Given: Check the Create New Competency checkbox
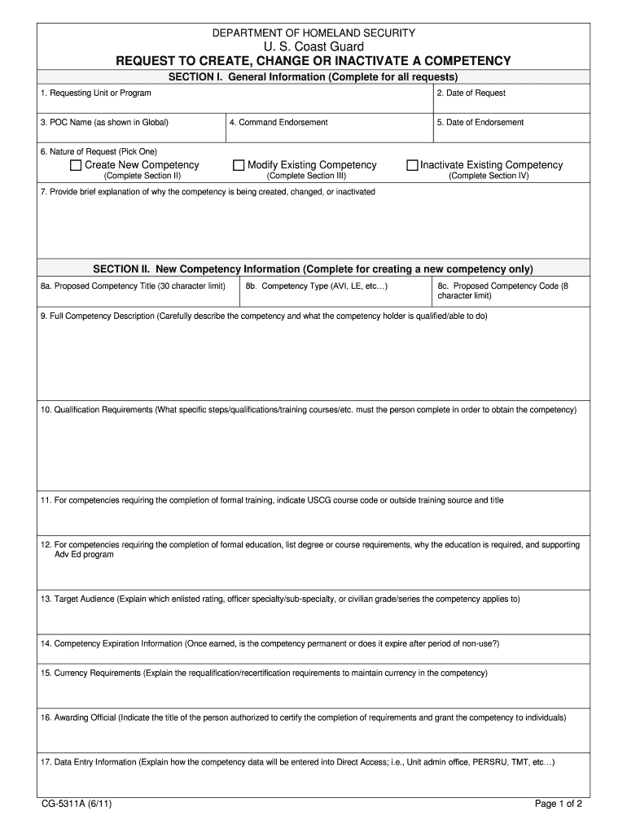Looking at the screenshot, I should coord(77,165).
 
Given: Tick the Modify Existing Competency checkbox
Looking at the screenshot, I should coord(239,165).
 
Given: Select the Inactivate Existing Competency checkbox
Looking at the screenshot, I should coord(413,165).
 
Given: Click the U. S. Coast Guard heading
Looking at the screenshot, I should coord(313,47).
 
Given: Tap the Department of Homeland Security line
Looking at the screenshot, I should coord(313,33).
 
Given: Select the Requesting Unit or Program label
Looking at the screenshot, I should coord(95,94).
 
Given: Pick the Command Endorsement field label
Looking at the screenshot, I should coord(278,123).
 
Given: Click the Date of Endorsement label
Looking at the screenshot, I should coord(480,123).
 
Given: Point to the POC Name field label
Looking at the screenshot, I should coord(104,123).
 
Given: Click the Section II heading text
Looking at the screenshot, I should coord(313,269).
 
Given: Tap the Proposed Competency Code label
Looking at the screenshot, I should coord(502,286).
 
